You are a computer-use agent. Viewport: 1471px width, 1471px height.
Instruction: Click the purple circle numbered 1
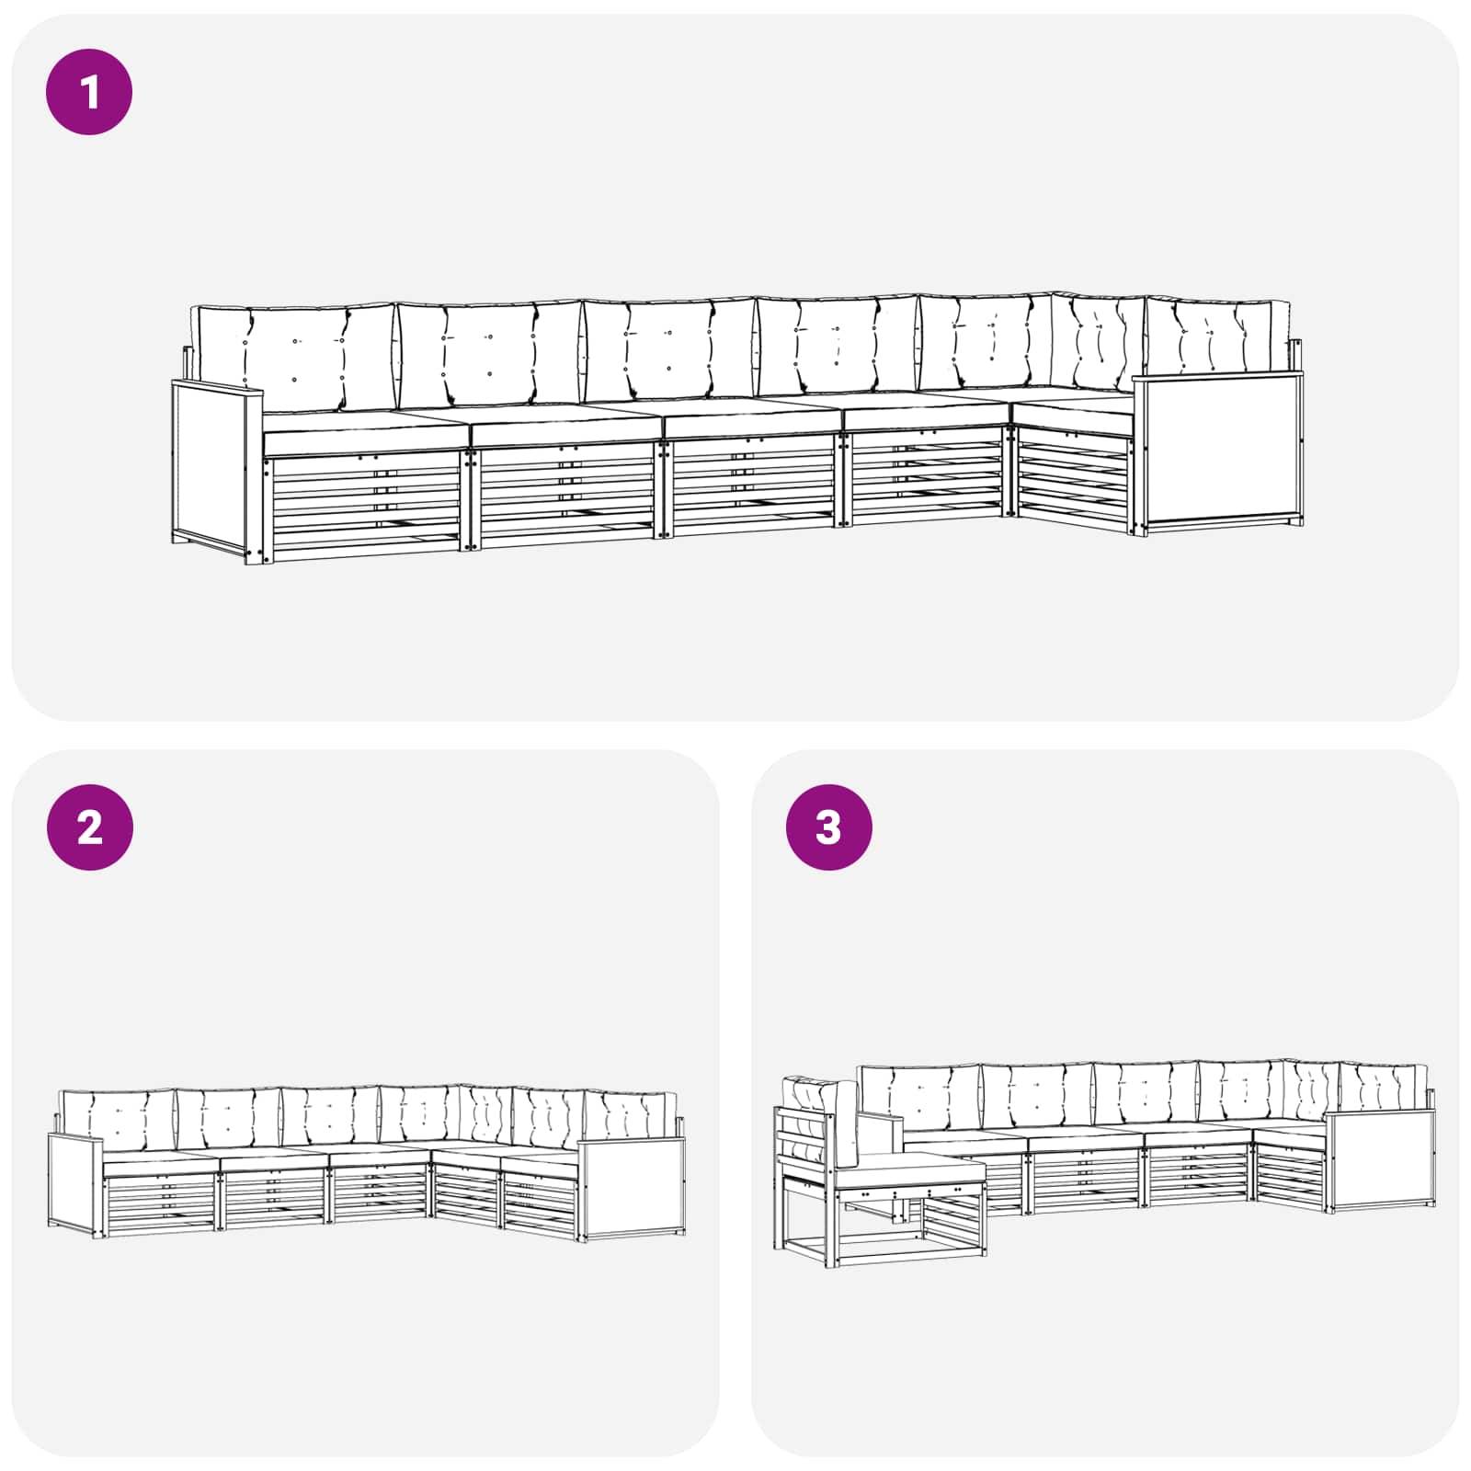89,92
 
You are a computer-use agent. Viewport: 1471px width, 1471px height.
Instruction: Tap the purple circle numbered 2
89,827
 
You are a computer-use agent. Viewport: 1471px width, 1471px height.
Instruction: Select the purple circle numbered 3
828,827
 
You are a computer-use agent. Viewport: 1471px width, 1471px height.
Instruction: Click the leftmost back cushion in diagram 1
294,359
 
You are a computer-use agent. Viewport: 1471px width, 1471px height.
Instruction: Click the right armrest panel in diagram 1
1219,450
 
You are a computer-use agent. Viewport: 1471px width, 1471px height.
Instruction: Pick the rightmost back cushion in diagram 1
1217,336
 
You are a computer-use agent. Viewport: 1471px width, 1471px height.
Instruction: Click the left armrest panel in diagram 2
75,1186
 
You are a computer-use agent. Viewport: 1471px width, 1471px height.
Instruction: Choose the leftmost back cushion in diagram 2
118,1120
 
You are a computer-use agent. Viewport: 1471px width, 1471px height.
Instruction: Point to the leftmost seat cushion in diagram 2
162,1164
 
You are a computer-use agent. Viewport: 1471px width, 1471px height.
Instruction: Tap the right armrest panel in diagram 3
1380,1160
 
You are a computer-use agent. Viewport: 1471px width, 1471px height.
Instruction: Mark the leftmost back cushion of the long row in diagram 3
919,1100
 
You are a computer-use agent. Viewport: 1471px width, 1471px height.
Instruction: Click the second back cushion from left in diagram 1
490,354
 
